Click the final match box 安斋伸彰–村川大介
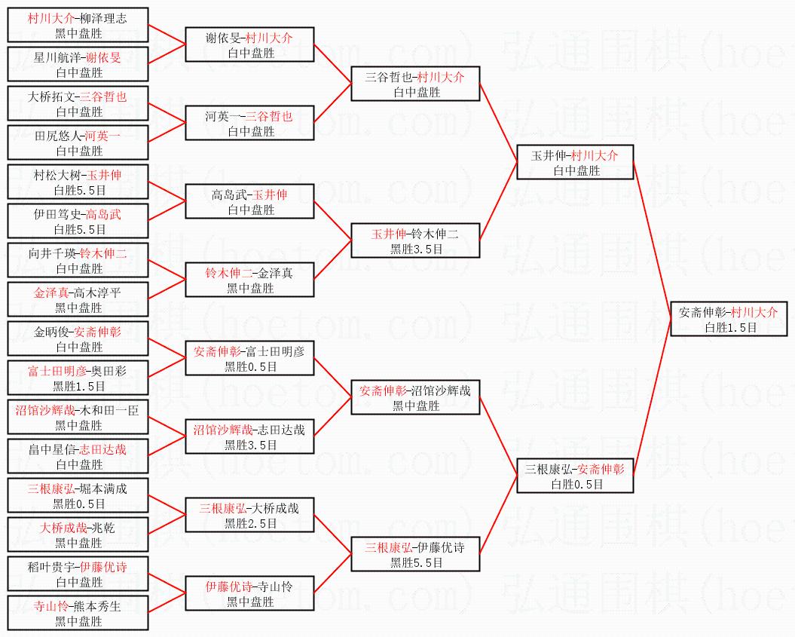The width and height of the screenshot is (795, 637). pyautogui.click(x=729, y=319)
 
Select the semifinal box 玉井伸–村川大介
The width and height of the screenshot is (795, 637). pyautogui.click(x=574, y=163)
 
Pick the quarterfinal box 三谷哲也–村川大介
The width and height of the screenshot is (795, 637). pyautogui.click(x=415, y=84)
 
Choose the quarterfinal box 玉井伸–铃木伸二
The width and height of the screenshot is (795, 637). pyautogui.click(x=415, y=241)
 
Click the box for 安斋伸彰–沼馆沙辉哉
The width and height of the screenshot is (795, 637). pyautogui.click(x=415, y=398)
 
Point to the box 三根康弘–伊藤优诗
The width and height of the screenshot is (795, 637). pyautogui.click(x=415, y=555)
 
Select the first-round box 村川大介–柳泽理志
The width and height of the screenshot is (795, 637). pyautogui.click(x=78, y=26)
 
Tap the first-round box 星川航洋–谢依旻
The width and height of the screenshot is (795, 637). pyautogui.click(x=78, y=65)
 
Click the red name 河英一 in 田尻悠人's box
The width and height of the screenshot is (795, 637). pyautogui.click(x=102, y=136)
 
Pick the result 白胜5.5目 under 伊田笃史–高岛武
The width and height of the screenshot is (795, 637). pyautogui.click(x=78, y=229)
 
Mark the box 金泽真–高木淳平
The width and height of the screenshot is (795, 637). pyautogui.click(x=78, y=300)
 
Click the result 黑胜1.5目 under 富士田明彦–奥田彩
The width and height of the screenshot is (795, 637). pyautogui.click(x=78, y=386)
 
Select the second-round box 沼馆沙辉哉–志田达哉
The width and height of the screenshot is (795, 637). pyautogui.click(x=250, y=437)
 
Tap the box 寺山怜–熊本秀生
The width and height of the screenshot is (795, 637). pyautogui.click(x=78, y=614)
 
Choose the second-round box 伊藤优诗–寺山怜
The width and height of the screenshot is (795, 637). pyautogui.click(x=250, y=594)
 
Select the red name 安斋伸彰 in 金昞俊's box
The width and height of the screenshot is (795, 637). pyautogui.click(x=97, y=332)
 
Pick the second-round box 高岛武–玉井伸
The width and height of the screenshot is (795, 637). pyautogui.click(x=250, y=202)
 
